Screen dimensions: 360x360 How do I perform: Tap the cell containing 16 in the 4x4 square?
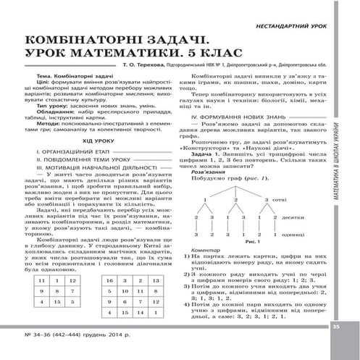(108, 278)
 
